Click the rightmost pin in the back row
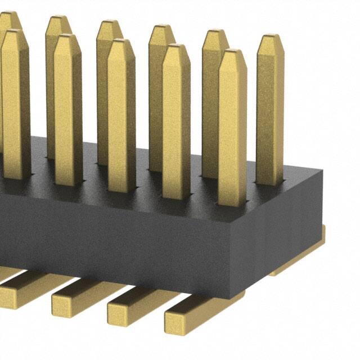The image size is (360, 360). point(270,112)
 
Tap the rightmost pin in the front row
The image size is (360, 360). point(232,129)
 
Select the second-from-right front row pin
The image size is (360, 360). point(176,124)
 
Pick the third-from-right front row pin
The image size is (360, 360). point(121,118)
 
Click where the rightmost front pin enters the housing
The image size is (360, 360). point(232,204)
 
